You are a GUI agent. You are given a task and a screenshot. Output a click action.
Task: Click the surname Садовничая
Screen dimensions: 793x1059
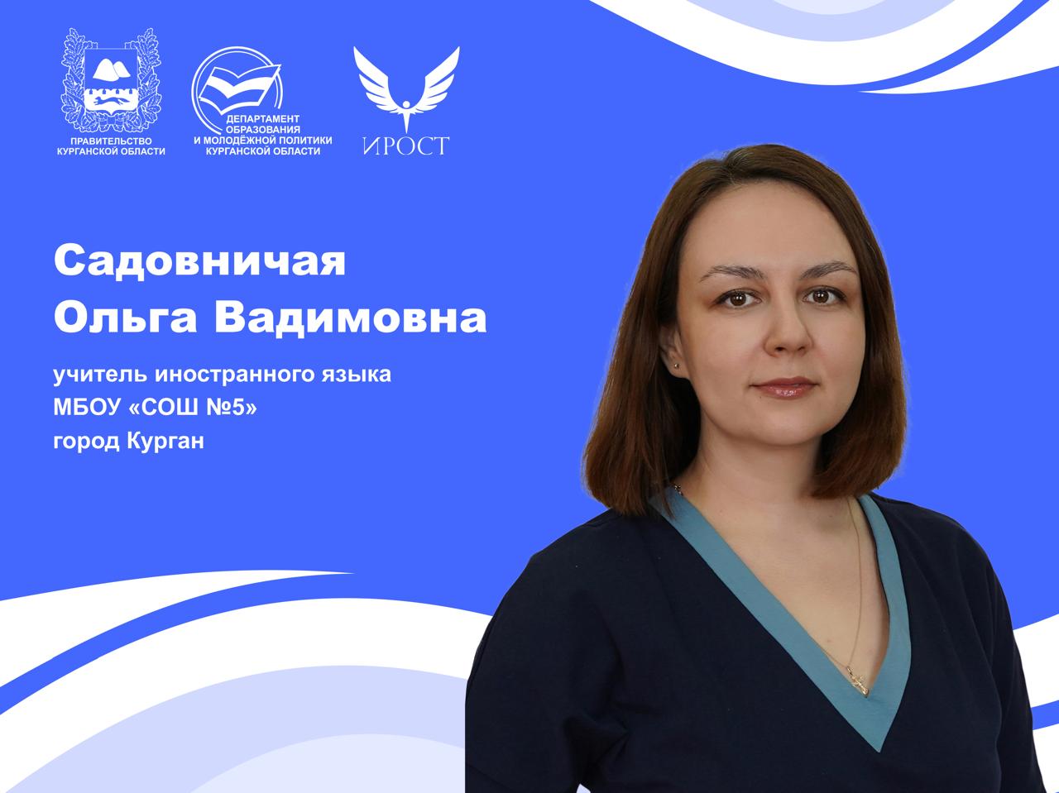(199, 262)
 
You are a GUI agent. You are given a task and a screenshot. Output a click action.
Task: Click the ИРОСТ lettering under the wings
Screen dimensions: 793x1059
(405, 146)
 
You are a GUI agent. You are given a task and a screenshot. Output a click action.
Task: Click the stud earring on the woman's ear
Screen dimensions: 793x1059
(680, 362)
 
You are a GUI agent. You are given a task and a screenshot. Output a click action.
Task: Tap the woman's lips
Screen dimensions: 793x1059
(785, 386)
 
